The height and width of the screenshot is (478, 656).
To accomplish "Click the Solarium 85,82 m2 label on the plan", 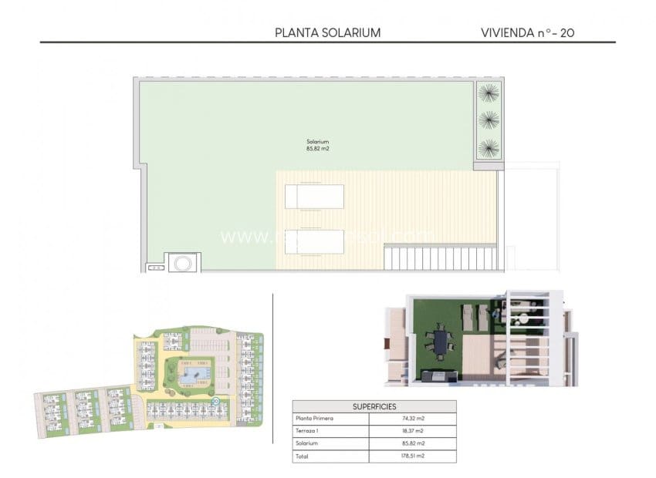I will pos(317,145).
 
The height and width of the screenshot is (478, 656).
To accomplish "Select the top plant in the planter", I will pos(488,93).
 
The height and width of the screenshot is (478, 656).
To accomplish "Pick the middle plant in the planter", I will pos(488,120).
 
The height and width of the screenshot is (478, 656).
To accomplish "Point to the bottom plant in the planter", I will pos(488,147).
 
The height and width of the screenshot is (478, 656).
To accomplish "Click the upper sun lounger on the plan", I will pos(314,197).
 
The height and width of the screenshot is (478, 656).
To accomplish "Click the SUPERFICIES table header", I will pos(374,406).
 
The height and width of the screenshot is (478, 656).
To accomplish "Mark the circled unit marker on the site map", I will pos(215,402).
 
